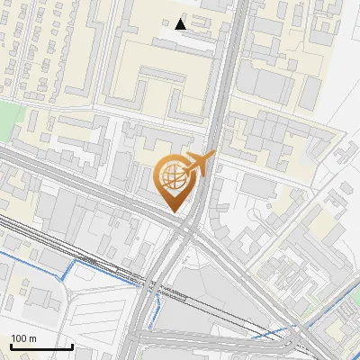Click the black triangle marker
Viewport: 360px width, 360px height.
point(181,23)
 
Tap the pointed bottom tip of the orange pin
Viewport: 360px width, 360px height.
point(174,211)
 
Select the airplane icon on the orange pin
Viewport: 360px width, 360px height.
point(197,164)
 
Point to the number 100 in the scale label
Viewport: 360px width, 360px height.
point(19,338)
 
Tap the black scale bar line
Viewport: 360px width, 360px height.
point(41,346)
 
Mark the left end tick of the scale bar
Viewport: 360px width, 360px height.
point(11,345)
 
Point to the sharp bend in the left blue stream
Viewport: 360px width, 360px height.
point(70,268)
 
